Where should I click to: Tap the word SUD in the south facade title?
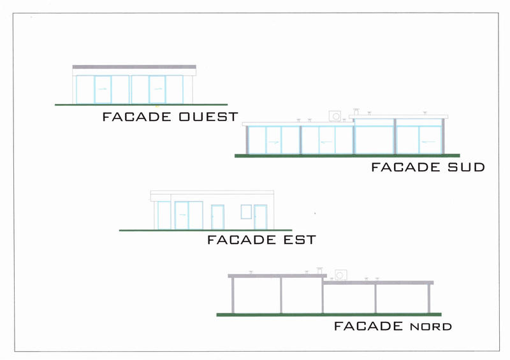465,168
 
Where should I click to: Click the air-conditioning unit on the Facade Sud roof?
335,115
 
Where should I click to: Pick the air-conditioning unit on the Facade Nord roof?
340,275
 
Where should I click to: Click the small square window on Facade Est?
246,212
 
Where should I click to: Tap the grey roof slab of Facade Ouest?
134,66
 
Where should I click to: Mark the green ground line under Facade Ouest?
140,104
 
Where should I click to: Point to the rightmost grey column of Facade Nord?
429,298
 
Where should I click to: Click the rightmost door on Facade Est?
260,217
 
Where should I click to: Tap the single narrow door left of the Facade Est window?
217,217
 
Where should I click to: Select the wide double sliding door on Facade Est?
189,215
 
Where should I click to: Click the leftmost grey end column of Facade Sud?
247,140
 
